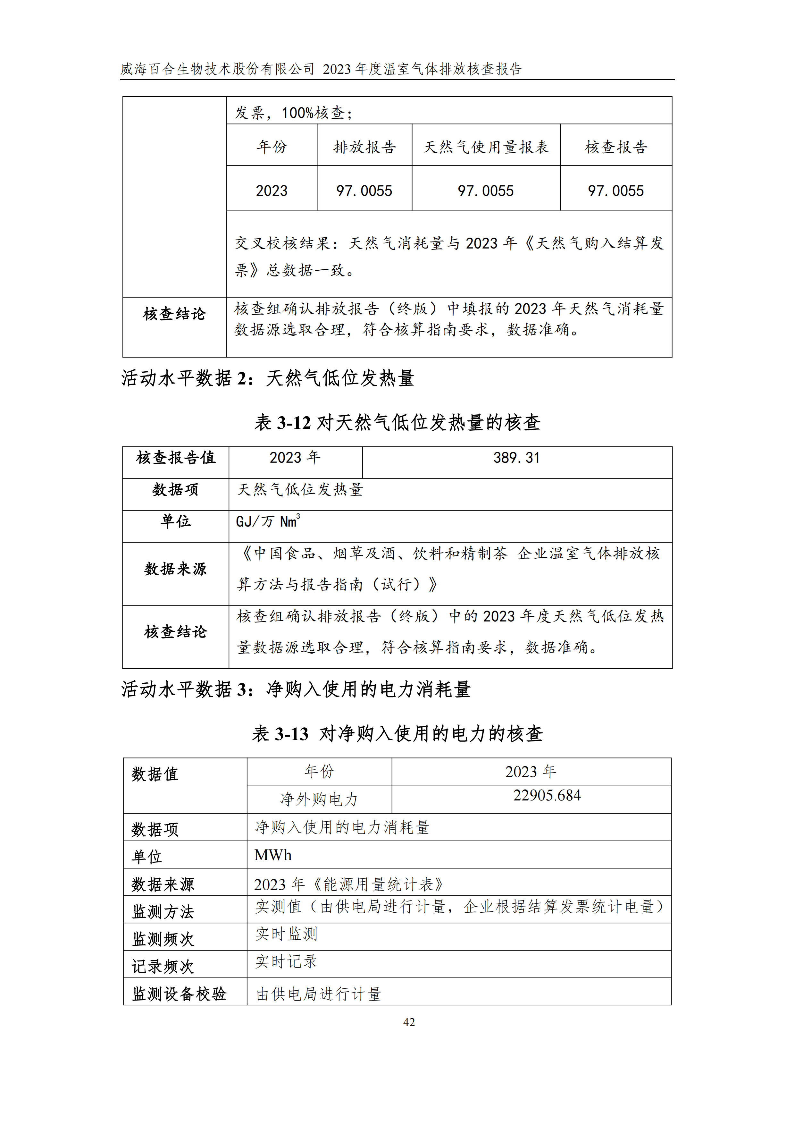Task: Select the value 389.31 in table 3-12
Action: (516, 458)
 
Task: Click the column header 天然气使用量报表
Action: (486, 147)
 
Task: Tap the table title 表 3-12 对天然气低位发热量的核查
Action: (397, 422)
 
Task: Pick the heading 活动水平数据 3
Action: (295, 689)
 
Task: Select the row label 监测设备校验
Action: (179, 994)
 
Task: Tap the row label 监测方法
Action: (163, 912)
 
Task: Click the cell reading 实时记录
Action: (287, 961)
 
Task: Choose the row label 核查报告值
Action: (175, 458)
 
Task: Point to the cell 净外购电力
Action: (319, 799)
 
